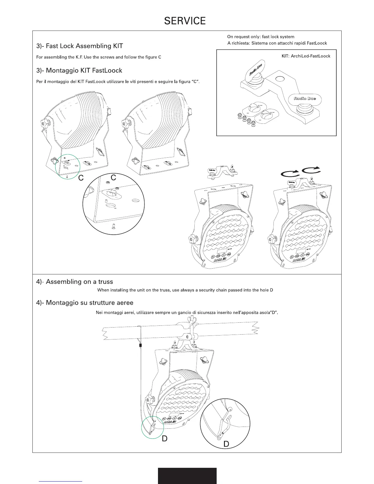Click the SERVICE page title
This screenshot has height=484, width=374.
[x=185, y=21]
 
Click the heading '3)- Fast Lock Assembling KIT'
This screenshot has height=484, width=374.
[x=79, y=46]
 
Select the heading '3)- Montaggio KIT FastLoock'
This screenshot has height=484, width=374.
[x=79, y=70]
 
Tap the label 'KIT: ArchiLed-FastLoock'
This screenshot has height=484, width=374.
[x=306, y=56]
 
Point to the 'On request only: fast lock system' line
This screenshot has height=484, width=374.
[x=261, y=37]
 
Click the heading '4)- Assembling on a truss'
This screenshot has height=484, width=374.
[x=75, y=281]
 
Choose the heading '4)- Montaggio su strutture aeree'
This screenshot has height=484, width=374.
[x=85, y=303]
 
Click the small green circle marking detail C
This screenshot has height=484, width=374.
[x=68, y=166]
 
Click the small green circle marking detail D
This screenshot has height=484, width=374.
[x=153, y=427]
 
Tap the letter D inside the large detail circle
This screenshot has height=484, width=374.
[x=226, y=443]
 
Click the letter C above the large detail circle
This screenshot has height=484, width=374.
[x=113, y=178]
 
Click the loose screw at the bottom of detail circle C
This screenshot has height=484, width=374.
[x=113, y=226]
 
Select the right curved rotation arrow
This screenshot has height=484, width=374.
[x=311, y=170]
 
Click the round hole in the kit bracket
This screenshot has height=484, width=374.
[x=280, y=79]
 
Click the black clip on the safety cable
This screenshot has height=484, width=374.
[x=141, y=345]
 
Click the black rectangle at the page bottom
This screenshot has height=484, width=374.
[x=187, y=475]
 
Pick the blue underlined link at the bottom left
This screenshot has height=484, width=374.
[x=61, y=481]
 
